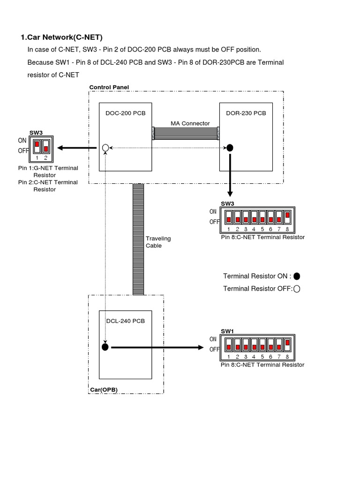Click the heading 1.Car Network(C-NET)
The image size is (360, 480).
pos(61,37)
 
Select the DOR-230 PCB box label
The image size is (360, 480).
pos(246,113)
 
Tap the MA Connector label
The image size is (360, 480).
pos(190,123)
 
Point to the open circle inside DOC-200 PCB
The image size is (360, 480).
pos(105,148)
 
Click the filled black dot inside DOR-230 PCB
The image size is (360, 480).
pos(230,148)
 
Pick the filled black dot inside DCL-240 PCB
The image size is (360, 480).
pos(105,347)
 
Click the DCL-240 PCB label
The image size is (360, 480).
pos(126,321)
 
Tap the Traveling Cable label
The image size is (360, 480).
pos(158,242)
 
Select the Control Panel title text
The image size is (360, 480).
pos(109,87)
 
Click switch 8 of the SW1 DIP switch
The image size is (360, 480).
pos(287,345)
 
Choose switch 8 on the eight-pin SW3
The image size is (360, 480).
pos(287,216)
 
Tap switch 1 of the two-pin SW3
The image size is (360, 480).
pos(37,146)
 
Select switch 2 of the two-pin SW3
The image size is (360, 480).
pos(46,146)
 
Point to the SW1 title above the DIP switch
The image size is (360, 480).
pos(227,331)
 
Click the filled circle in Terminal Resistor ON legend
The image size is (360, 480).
pos(297,276)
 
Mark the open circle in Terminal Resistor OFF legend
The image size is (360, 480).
pos(296,289)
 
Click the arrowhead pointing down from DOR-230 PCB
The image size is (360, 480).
pos(230,194)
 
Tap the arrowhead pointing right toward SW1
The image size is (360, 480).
pos(200,348)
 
